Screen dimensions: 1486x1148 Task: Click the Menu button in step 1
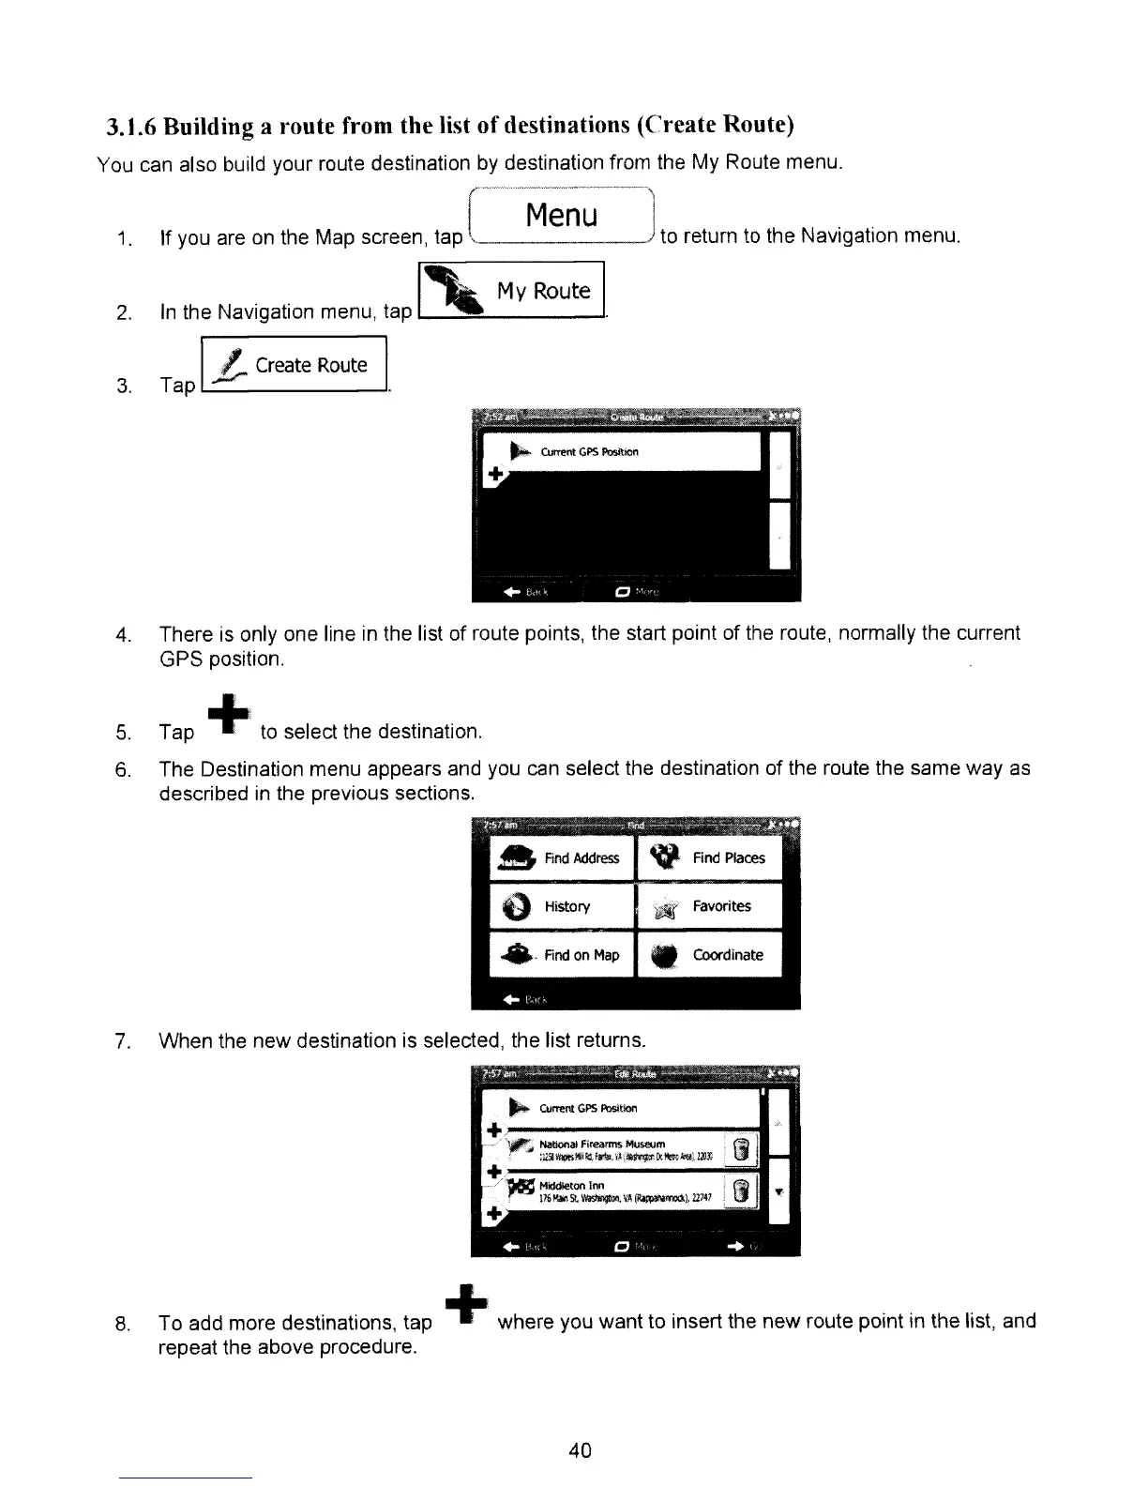[x=562, y=217]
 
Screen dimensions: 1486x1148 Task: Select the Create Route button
[x=295, y=365]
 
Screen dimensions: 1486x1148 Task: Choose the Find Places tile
[x=710, y=857]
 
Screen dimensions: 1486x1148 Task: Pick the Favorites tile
[x=710, y=906]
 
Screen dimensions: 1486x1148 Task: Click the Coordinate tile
[x=710, y=955]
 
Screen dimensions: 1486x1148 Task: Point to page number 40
[x=580, y=1450]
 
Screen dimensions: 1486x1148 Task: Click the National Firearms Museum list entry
[x=610, y=1149]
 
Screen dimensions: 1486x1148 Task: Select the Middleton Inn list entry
[x=610, y=1190]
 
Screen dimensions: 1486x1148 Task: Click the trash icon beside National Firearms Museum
[x=742, y=1149]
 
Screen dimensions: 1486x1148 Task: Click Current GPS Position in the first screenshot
[x=589, y=452]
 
